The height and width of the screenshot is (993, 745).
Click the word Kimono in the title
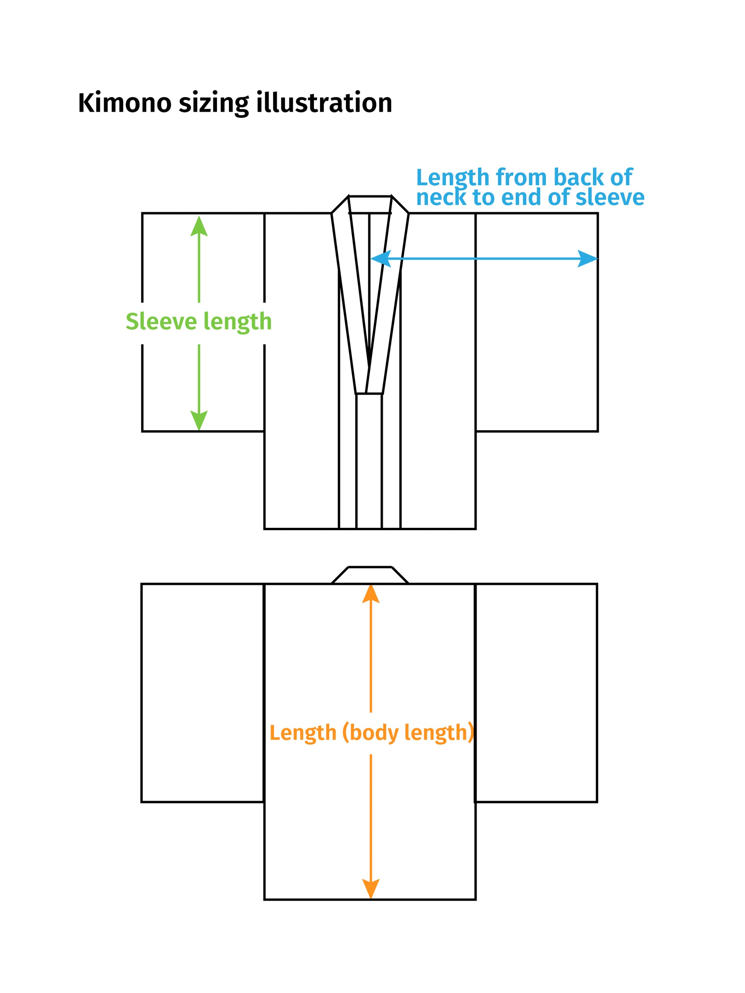(125, 103)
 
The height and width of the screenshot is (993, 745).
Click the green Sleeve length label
(198, 322)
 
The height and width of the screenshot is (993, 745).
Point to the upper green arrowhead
(199, 226)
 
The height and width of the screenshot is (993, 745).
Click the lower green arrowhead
(199, 421)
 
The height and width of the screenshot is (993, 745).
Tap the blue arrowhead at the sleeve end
(587, 258)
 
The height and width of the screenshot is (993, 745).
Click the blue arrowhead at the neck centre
(381, 258)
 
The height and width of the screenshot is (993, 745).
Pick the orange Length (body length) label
(372, 733)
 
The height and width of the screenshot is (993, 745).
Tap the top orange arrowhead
(371, 594)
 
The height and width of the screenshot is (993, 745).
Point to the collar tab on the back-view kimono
(370, 575)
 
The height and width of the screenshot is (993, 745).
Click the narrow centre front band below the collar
(369, 461)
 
